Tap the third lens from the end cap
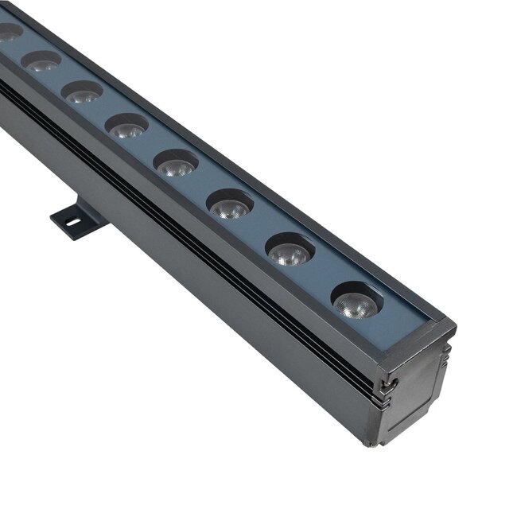click(230, 205)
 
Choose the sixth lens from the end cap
click(83, 92)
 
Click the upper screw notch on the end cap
click(388, 385)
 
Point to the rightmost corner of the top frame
click(455, 326)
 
